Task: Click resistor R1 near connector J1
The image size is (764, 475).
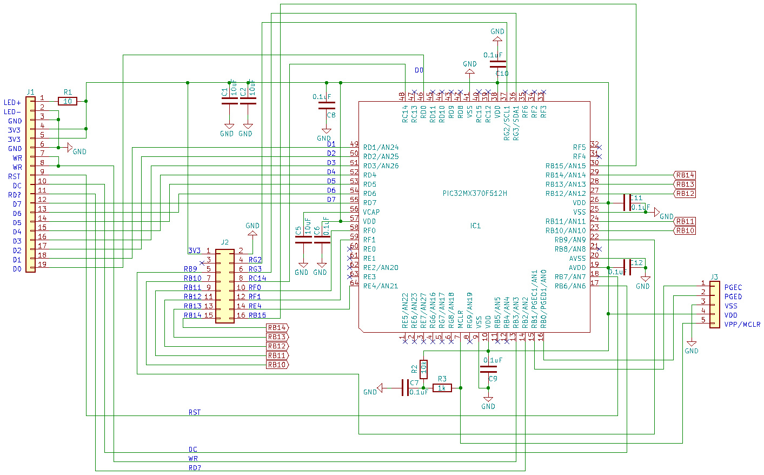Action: (68, 101)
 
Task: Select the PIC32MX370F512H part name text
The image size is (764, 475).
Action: (475, 193)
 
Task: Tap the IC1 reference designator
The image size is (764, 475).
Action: (475, 226)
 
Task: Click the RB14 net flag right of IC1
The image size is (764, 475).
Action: (685, 175)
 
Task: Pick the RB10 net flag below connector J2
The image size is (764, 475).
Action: (277, 365)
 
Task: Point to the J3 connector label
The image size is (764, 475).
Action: (714, 277)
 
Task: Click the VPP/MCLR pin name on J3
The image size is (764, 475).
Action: (742, 325)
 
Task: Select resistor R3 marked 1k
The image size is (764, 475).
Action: (442, 388)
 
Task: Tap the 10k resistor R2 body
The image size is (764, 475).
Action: (423, 369)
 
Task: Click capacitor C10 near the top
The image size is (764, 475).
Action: (497, 64)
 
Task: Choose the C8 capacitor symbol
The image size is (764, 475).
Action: (327, 105)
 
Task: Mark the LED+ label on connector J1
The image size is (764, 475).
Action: (12, 102)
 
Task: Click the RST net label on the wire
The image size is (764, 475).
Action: (194, 412)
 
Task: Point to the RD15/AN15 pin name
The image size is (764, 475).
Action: (565, 166)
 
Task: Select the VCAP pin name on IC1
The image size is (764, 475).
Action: (371, 212)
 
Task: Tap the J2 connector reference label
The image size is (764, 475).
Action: (225, 242)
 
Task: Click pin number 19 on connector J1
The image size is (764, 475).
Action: (42, 265)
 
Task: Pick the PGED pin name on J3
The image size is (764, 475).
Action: (733, 296)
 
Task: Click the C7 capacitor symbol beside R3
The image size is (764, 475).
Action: (405, 387)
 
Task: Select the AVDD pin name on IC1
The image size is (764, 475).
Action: (577, 268)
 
